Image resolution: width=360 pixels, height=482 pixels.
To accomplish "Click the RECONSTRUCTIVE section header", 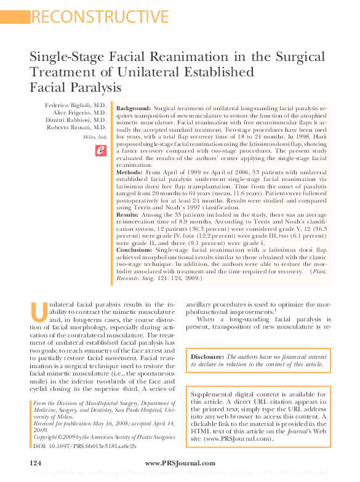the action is point(99,17).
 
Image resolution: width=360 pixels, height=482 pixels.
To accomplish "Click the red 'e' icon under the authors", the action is point(100,150).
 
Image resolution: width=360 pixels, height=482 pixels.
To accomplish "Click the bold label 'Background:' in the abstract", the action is point(133,108).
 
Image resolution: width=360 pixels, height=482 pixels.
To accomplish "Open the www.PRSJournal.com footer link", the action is point(180,463).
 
